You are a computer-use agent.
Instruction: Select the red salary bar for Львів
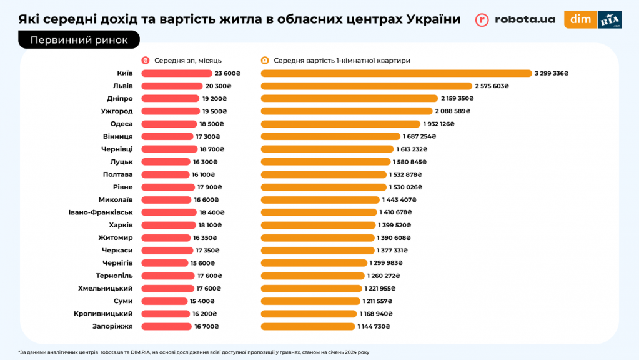172,86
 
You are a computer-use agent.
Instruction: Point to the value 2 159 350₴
457,99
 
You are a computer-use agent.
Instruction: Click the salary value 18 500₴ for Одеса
211,124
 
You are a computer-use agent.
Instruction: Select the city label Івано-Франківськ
101,212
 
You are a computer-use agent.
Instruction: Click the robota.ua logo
515,19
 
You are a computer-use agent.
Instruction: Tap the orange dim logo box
580,19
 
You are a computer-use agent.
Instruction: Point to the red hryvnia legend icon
146,61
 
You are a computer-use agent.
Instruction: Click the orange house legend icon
265,61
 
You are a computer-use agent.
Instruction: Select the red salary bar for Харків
169,225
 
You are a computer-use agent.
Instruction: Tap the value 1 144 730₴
374,326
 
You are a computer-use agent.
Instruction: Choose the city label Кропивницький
103,314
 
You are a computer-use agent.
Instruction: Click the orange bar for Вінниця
330,136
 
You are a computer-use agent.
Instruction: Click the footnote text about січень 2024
194,352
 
